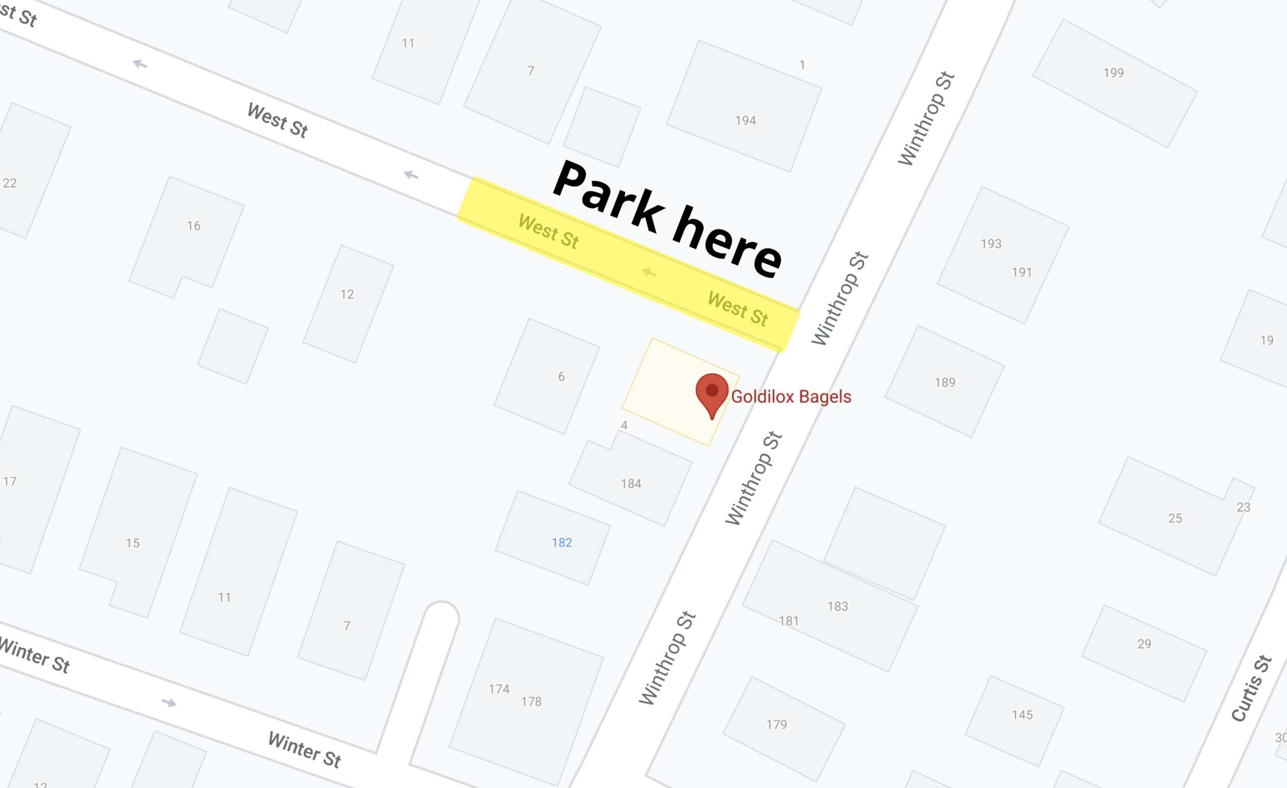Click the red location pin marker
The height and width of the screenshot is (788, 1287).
711,393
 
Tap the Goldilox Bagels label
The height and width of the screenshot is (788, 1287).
791,397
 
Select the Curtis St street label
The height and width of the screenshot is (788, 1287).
1251,688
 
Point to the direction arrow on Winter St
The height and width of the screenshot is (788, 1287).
169,703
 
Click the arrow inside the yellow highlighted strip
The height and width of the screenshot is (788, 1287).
649,273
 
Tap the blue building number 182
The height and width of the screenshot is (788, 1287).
562,542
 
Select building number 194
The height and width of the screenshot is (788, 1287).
745,120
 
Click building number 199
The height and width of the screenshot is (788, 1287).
1113,73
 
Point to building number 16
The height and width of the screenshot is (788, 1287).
194,225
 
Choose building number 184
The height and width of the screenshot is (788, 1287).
631,484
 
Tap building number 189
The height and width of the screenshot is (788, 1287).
944,382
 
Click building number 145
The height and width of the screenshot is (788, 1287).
1022,715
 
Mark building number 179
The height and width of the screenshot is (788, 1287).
776,724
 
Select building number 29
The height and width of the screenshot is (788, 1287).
1144,644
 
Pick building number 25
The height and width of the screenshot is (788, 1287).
1175,518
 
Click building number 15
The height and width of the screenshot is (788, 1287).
133,543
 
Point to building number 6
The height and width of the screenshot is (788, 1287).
561,377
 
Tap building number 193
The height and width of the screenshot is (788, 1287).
990,244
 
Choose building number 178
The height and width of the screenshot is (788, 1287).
531,702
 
